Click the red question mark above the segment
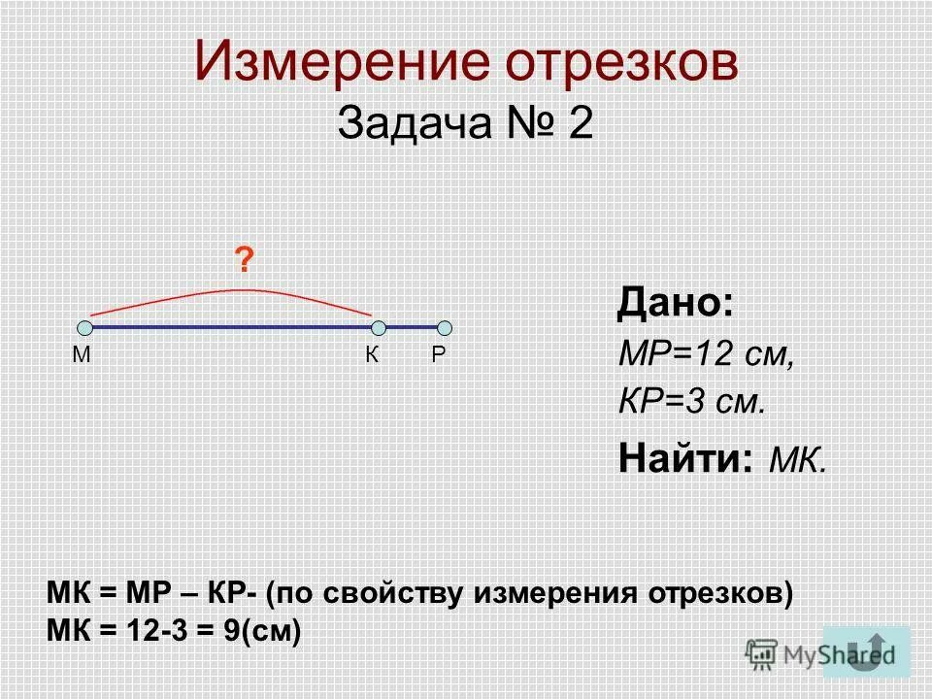[x=247, y=261]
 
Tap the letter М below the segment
[x=81, y=355]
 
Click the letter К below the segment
[x=372, y=355]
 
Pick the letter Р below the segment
[x=439, y=355]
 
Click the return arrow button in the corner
[x=866, y=650]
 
